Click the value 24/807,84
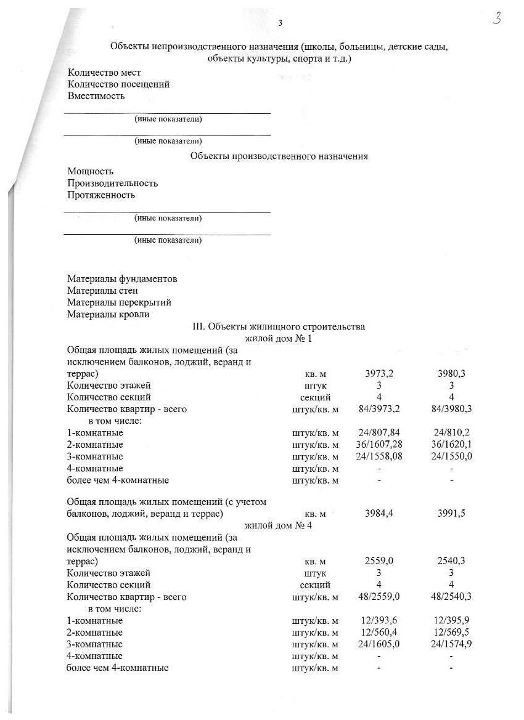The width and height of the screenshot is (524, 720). pyautogui.click(x=379, y=433)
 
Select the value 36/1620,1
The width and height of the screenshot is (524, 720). pyautogui.click(x=452, y=445)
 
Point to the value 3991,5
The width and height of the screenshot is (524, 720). pyautogui.click(x=452, y=513)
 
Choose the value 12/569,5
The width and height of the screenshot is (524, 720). pyautogui.click(x=452, y=633)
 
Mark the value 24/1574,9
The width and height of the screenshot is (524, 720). pyautogui.click(x=452, y=644)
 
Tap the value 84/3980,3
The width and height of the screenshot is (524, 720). pyautogui.click(x=452, y=409)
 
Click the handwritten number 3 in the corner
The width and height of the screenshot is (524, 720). pyautogui.click(x=497, y=19)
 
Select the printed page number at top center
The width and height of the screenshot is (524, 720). pyautogui.click(x=280, y=23)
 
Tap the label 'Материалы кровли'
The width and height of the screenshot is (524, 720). pyautogui.click(x=108, y=314)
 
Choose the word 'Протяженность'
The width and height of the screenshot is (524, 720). pyautogui.click(x=101, y=195)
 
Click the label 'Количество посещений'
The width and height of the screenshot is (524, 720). pyautogui.click(x=118, y=84)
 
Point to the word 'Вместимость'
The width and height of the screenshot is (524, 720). pyautogui.click(x=96, y=96)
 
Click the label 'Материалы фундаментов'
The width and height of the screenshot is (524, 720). pyautogui.click(x=122, y=279)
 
